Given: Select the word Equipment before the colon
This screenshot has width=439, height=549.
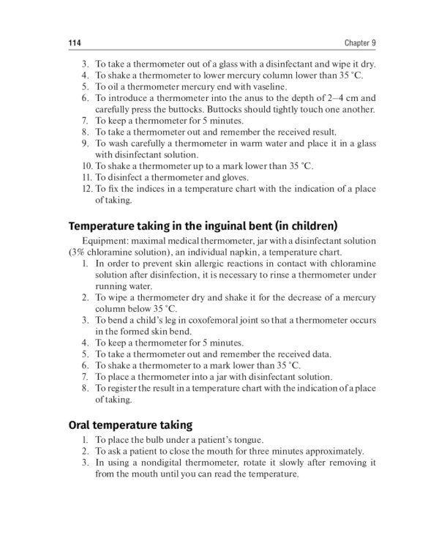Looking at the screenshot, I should (105, 241).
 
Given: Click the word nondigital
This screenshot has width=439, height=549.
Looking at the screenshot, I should (161, 463).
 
